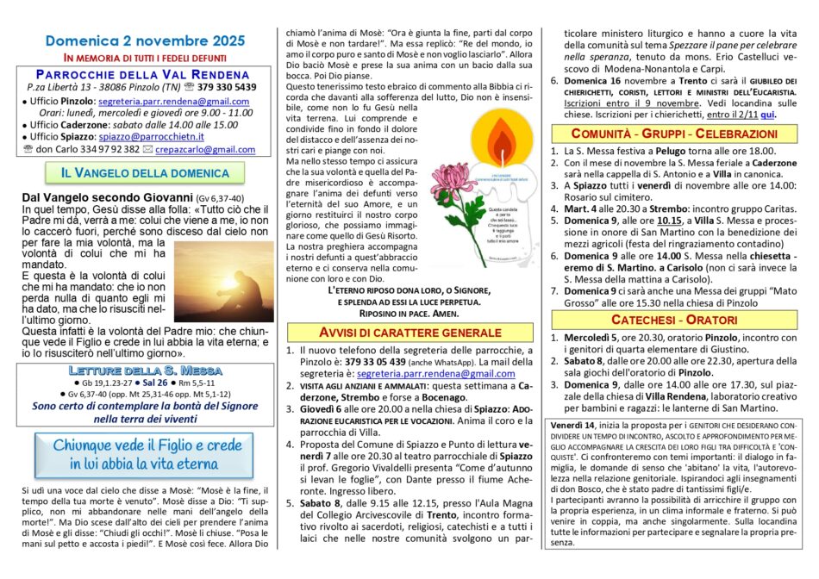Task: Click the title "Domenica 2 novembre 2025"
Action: coord(145,40)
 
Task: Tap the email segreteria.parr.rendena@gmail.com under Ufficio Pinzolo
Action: coord(174,101)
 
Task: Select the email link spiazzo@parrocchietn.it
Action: coord(152,136)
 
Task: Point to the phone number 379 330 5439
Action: coord(222,87)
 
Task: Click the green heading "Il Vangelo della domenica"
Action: coord(144,173)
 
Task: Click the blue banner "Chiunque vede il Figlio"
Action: coord(145,454)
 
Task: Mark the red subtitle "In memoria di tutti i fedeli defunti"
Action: coord(145,56)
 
